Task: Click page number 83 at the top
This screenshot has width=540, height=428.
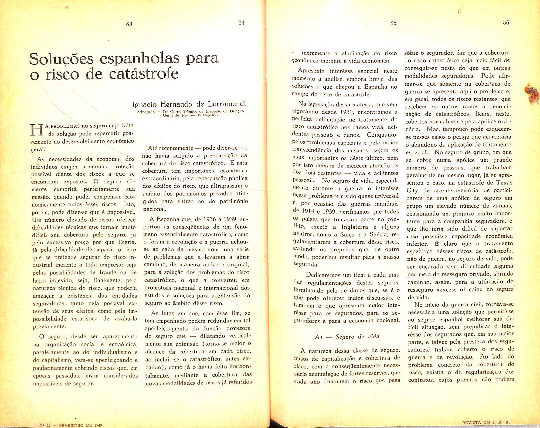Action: tap(129, 24)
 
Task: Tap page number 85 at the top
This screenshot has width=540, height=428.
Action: tap(393, 23)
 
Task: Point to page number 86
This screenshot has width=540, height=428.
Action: tap(506, 23)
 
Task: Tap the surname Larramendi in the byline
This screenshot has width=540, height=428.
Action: tap(226, 104)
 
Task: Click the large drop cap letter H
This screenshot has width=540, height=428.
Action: tap(37, 130)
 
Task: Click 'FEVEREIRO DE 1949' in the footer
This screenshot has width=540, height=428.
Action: tap(81, 425)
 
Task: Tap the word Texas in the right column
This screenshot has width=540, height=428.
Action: tap(504, 183)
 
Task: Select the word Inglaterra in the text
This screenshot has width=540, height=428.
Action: tap(355, 227)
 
